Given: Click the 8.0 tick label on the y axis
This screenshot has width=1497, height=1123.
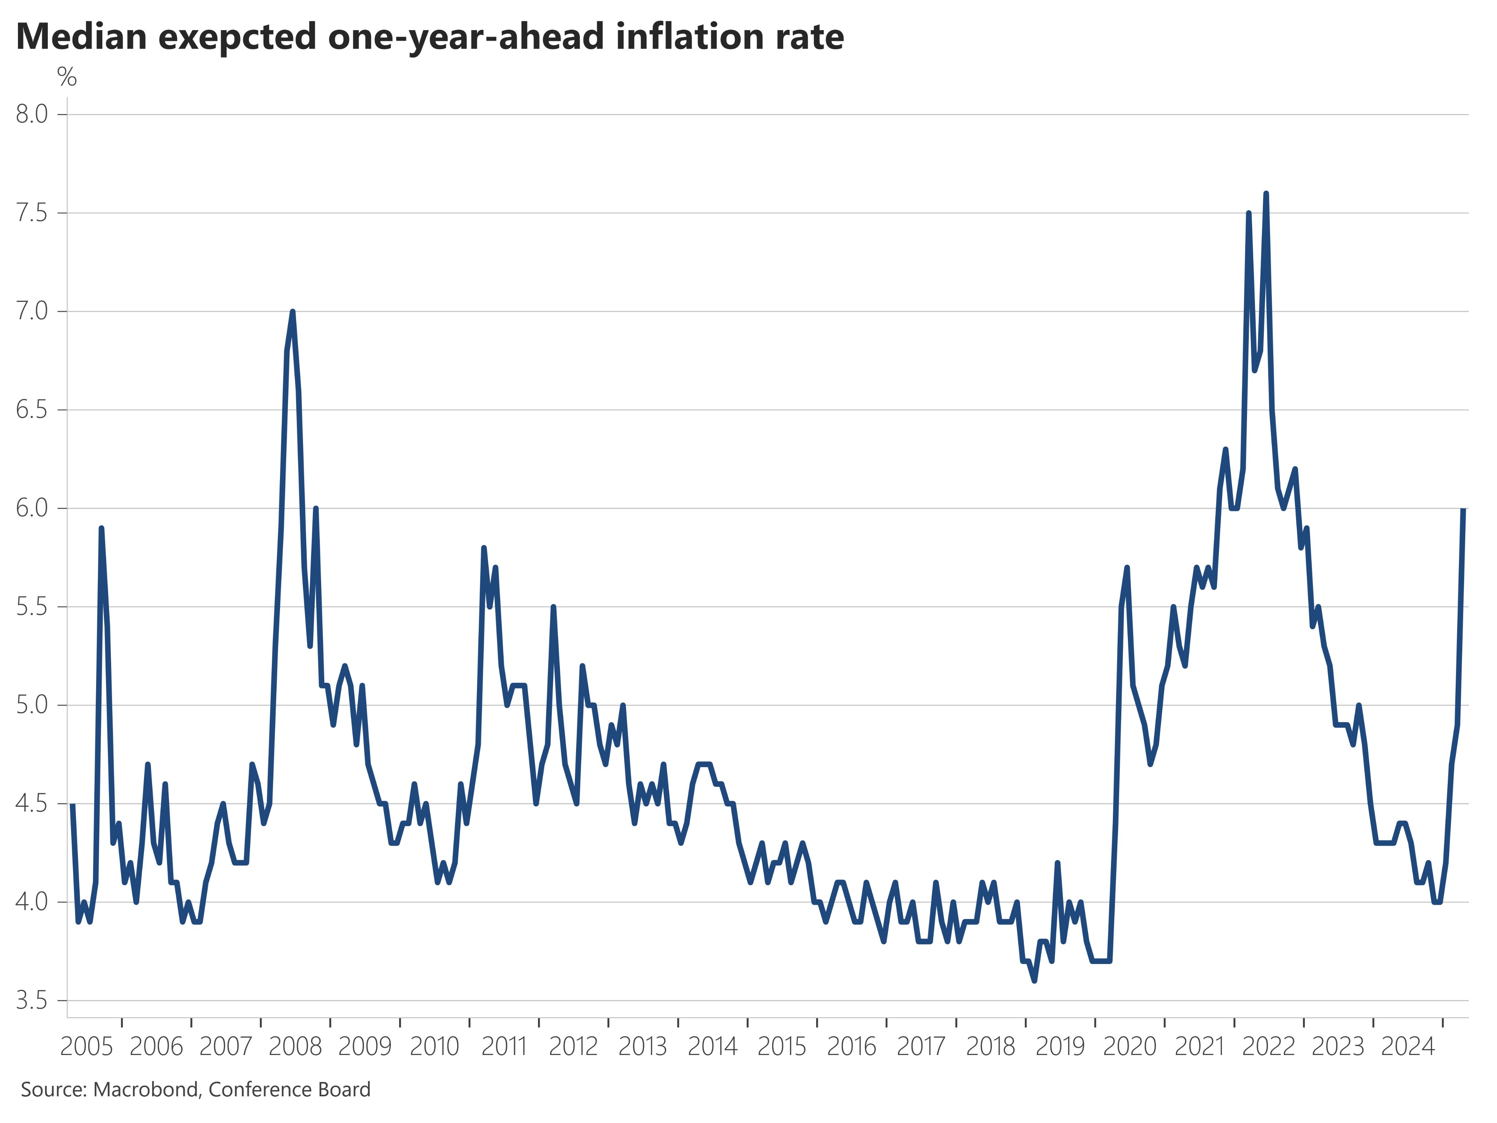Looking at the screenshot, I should (32, 114).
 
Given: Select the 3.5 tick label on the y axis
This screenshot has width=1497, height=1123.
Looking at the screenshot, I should (32, 1001).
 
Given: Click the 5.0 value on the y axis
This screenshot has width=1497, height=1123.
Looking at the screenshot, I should (32, 705).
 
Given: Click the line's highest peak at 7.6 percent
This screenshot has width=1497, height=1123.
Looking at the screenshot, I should (1266, 194).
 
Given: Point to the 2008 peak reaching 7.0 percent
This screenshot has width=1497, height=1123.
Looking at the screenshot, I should (292, 312).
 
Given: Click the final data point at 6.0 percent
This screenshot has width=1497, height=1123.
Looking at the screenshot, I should (1463, 509).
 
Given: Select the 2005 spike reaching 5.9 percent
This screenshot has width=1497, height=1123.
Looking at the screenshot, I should (102, 529).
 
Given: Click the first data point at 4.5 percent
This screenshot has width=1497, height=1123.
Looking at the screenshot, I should (72, 804).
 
